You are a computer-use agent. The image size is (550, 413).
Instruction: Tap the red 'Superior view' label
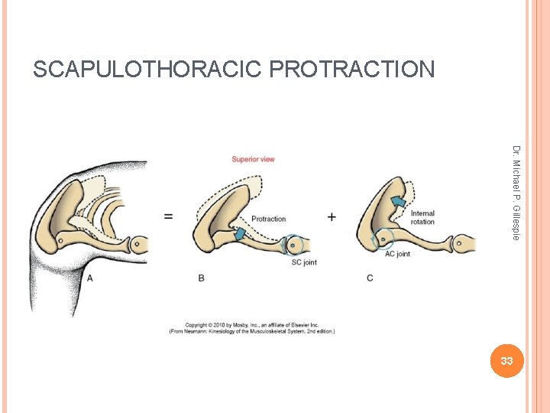click(253, 159)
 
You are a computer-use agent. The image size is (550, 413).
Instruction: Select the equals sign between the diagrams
click(167, 216)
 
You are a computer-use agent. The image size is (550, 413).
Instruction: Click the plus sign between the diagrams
click(332, 217)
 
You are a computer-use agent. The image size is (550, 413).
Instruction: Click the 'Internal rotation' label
click(422, 218)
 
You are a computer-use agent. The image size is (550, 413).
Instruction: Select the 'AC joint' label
click(397, 254)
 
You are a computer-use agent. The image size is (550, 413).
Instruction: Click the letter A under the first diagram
click(90, 278)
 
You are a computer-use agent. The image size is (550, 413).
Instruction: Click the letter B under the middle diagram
click(202, 278)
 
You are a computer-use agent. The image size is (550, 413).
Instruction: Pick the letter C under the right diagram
click(370, 278)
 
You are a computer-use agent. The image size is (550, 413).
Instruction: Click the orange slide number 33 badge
click(506, 360)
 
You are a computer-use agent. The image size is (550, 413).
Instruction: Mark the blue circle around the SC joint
click(293, 246)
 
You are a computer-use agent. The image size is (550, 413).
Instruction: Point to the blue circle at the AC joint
click(383, 239)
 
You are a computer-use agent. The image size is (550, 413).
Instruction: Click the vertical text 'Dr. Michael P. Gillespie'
click(516, 192)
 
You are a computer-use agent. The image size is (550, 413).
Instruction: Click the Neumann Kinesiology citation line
click(251, 332)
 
